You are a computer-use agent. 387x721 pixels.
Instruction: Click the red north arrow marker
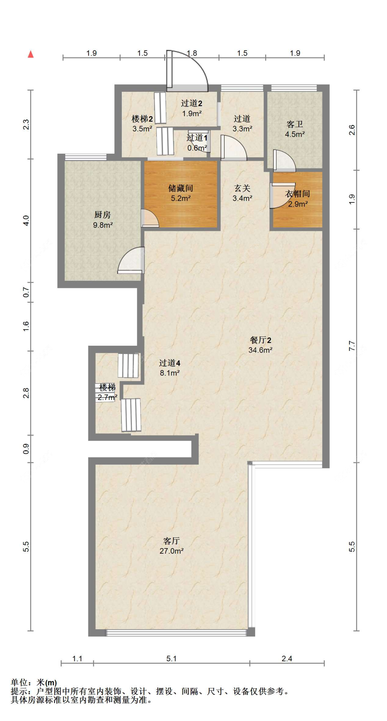(x=31, y=54)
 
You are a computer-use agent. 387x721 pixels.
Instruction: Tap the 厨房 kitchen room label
(x=103, y=215)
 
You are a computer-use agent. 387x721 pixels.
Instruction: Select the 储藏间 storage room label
(x=181, y=188)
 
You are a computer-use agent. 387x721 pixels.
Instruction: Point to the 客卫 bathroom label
(x=295, y=124)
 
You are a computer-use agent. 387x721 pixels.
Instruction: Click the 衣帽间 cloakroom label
(x=298, y=194)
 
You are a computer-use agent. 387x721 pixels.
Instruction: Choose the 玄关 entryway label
(x=242, y=188)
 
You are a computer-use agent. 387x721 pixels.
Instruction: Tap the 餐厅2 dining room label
(x=260, y=340)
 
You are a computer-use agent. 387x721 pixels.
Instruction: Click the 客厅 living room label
(x=171, y=541)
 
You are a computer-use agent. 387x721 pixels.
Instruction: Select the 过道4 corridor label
(x=170, y=363)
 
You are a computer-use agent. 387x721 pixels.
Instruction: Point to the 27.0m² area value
(x=171, y=551)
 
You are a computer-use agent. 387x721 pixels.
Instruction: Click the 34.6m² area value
(x=260, y=350)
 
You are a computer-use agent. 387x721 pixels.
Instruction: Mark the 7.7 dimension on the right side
(x=352, y=346)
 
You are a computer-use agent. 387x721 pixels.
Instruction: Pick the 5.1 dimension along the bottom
(x=171, y=658)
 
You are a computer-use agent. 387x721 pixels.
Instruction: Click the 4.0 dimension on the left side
(x=26, y=220)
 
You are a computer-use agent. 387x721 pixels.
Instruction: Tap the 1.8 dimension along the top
(x=192, y=53)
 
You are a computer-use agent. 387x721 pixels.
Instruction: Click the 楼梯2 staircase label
(x=142, y=119)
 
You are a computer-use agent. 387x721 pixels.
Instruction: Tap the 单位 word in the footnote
(x=19, y=683)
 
